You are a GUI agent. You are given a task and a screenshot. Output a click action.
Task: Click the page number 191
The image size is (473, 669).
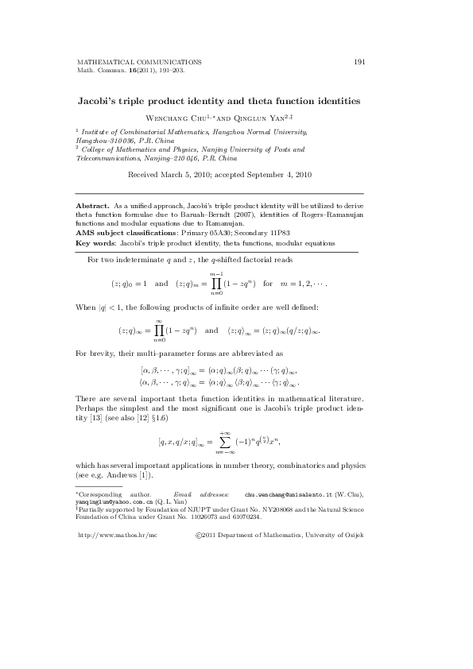359,61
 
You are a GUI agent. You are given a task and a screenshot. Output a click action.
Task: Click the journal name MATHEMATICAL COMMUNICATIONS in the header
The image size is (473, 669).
138,61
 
